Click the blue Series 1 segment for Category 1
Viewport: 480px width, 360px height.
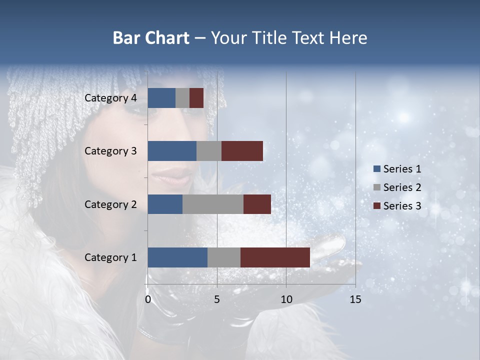tap(177, 257)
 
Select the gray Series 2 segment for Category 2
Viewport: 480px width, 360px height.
tap(213, 204)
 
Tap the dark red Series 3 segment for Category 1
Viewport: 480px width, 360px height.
tap(275, 257)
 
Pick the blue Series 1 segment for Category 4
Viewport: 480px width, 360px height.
tap(161, 98)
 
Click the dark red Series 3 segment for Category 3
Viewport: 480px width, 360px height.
tap(242, 151)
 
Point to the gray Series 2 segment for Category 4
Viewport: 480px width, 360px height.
tap(182, 98)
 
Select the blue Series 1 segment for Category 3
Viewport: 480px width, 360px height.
tap(172, 151)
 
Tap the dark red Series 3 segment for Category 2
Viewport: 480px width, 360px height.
tap(257, 204)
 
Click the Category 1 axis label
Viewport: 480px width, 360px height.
tap(110, 257)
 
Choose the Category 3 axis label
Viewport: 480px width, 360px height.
tap(110, 151)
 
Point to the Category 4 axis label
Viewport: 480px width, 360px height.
tap(110, 98)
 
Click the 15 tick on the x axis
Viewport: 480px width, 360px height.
tap(355, 299)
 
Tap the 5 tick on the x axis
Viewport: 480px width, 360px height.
tap(217, 299)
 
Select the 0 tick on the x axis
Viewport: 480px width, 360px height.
tap(148, 299)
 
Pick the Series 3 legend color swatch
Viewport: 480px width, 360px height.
tap(376, 206)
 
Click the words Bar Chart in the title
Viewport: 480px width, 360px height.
tap(151, 38)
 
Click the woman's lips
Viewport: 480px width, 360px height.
tap(172, 176)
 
